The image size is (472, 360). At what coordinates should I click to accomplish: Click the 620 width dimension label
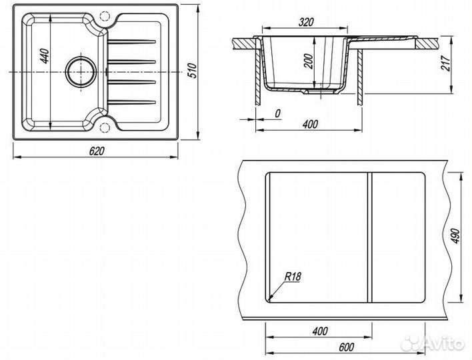[97, 151]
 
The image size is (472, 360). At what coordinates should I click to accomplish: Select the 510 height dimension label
[192, 70]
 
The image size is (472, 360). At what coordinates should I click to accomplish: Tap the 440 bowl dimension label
[44, 56]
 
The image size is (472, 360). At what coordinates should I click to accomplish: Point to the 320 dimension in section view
[306, 22]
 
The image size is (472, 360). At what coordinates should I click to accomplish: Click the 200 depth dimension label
[309, 61]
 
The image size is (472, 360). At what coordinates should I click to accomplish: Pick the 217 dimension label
[446, 63]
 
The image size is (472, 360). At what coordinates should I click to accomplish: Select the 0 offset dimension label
[277, 113]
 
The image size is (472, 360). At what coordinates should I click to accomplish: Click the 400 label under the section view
[310, 124]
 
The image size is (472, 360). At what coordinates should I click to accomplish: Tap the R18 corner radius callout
[293, 276]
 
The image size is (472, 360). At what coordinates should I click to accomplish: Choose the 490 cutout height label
[455, 236]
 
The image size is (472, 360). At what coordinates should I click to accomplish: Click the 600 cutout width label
[346, 347]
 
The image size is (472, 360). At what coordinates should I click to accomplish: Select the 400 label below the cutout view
[320, 331]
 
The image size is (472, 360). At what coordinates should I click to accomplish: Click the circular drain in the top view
[81, 72]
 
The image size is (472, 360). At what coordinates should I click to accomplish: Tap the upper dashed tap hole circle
[104, 15]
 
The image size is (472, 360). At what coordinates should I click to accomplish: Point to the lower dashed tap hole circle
[104, 127]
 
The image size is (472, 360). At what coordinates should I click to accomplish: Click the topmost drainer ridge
[132, 41]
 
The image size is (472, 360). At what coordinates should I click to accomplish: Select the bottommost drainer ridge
[132, 103]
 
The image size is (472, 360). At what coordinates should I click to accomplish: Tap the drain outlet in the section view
[320, 92]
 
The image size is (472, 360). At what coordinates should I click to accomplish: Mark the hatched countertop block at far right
[428, 43]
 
